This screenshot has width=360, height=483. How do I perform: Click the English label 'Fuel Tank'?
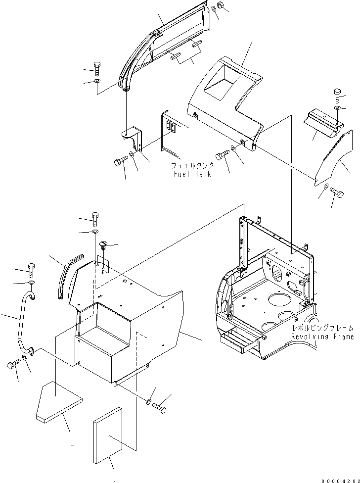[192, 174]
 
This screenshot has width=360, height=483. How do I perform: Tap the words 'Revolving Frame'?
[322, 337]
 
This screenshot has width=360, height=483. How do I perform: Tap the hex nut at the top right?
[221, 6]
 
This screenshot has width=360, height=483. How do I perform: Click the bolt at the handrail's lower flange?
[12, 366]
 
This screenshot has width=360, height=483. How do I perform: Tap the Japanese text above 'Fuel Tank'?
[192, 166]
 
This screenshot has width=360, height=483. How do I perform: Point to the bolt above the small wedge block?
[338, 93]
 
